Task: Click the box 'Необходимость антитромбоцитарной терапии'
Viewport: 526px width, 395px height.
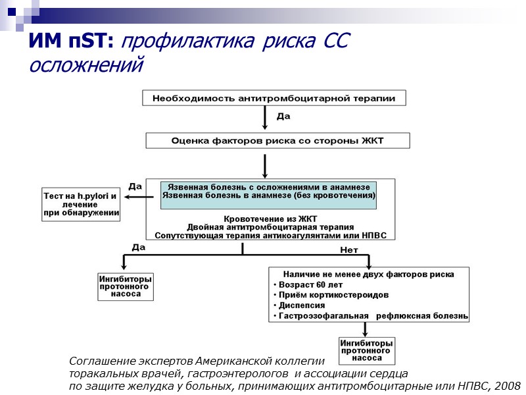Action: tap(274, 98)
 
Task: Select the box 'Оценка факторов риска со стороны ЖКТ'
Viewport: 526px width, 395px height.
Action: tap(277, 140)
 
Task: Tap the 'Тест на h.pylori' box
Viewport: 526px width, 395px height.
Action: tap(81, 204)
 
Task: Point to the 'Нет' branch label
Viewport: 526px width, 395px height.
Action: tap(349, 250)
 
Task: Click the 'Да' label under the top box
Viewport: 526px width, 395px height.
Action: tap(283, 116)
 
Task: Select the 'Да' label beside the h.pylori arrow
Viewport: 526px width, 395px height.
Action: tap(135, 186)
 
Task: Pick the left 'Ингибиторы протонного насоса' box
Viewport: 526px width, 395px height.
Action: tap(125, 286)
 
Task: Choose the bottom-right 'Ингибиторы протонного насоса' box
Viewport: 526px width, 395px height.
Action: tap(366, 351)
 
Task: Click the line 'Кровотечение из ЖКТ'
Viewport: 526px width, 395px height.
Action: tap(270, 219)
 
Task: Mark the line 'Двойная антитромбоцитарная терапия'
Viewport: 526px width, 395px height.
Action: tap(270, 226)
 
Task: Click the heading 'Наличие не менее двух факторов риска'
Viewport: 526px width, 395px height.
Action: tap(368, 274)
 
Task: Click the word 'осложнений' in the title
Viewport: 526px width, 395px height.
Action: tap(86, 65)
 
